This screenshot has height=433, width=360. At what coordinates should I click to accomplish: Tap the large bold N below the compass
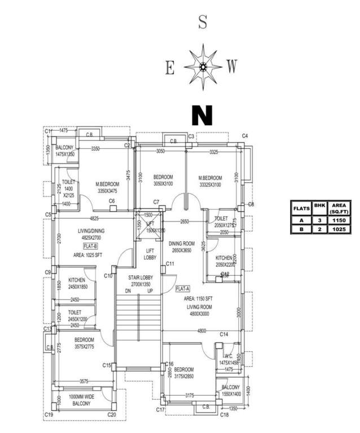click(x=202, y=114)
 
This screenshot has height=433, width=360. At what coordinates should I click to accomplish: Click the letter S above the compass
click(x=203, y=23)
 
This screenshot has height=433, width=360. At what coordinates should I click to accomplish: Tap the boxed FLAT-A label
click(x=182, y=289)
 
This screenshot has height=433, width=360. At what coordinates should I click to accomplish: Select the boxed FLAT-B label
click(x=91, y=246)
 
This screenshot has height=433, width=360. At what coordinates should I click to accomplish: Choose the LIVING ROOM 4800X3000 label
click(x=202, y=310)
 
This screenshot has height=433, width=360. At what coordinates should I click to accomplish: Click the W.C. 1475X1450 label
click(x=229, y=359)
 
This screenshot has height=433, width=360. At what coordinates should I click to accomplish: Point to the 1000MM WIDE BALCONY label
click(x=81, y=401)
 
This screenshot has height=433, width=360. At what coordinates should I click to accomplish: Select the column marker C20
click(x=112, y=415)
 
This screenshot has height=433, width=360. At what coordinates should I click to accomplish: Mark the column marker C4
click(x=245, y=136)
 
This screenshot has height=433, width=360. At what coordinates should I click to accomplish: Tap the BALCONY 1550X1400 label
click(x=230, y=391)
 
